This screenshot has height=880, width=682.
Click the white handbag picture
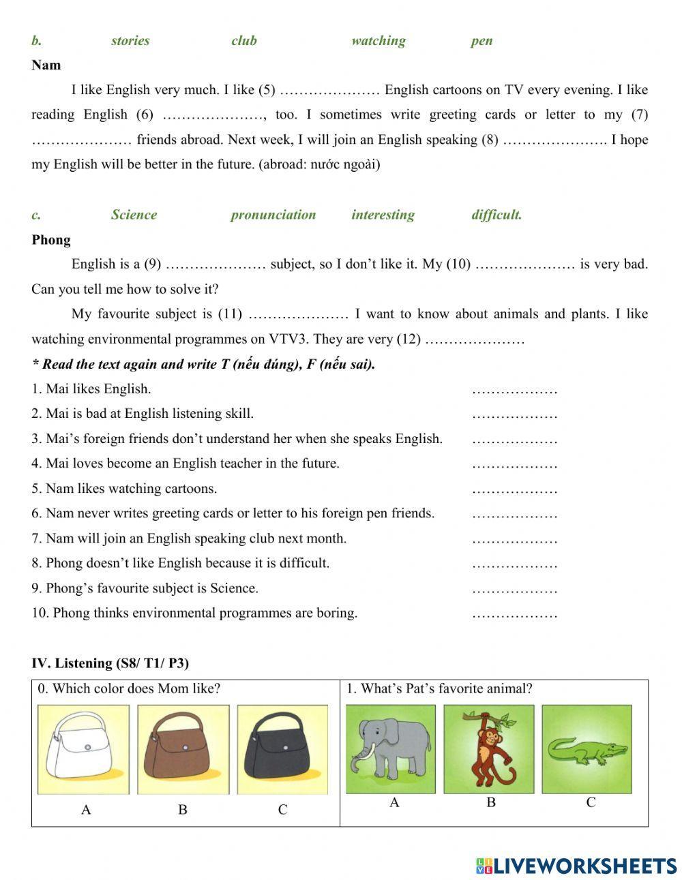83,748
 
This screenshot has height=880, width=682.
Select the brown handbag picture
183,748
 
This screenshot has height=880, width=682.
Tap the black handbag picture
282,748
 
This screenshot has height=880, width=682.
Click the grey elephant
390,748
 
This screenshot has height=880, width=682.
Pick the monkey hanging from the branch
488,748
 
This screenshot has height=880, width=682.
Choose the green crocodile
587,748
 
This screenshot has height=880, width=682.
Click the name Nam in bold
46,65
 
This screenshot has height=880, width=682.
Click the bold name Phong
50,240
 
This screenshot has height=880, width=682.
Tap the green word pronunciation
273,215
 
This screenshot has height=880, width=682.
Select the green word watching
379,41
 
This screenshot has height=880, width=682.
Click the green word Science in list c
134,215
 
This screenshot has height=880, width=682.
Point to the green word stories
130,41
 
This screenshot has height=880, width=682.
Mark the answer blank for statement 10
514,614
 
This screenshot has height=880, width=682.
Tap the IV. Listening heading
110,663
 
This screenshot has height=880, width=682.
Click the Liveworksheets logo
576,866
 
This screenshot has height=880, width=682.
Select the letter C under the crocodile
591,802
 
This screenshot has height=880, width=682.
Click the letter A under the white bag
86,810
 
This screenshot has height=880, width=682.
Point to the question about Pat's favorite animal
439,688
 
